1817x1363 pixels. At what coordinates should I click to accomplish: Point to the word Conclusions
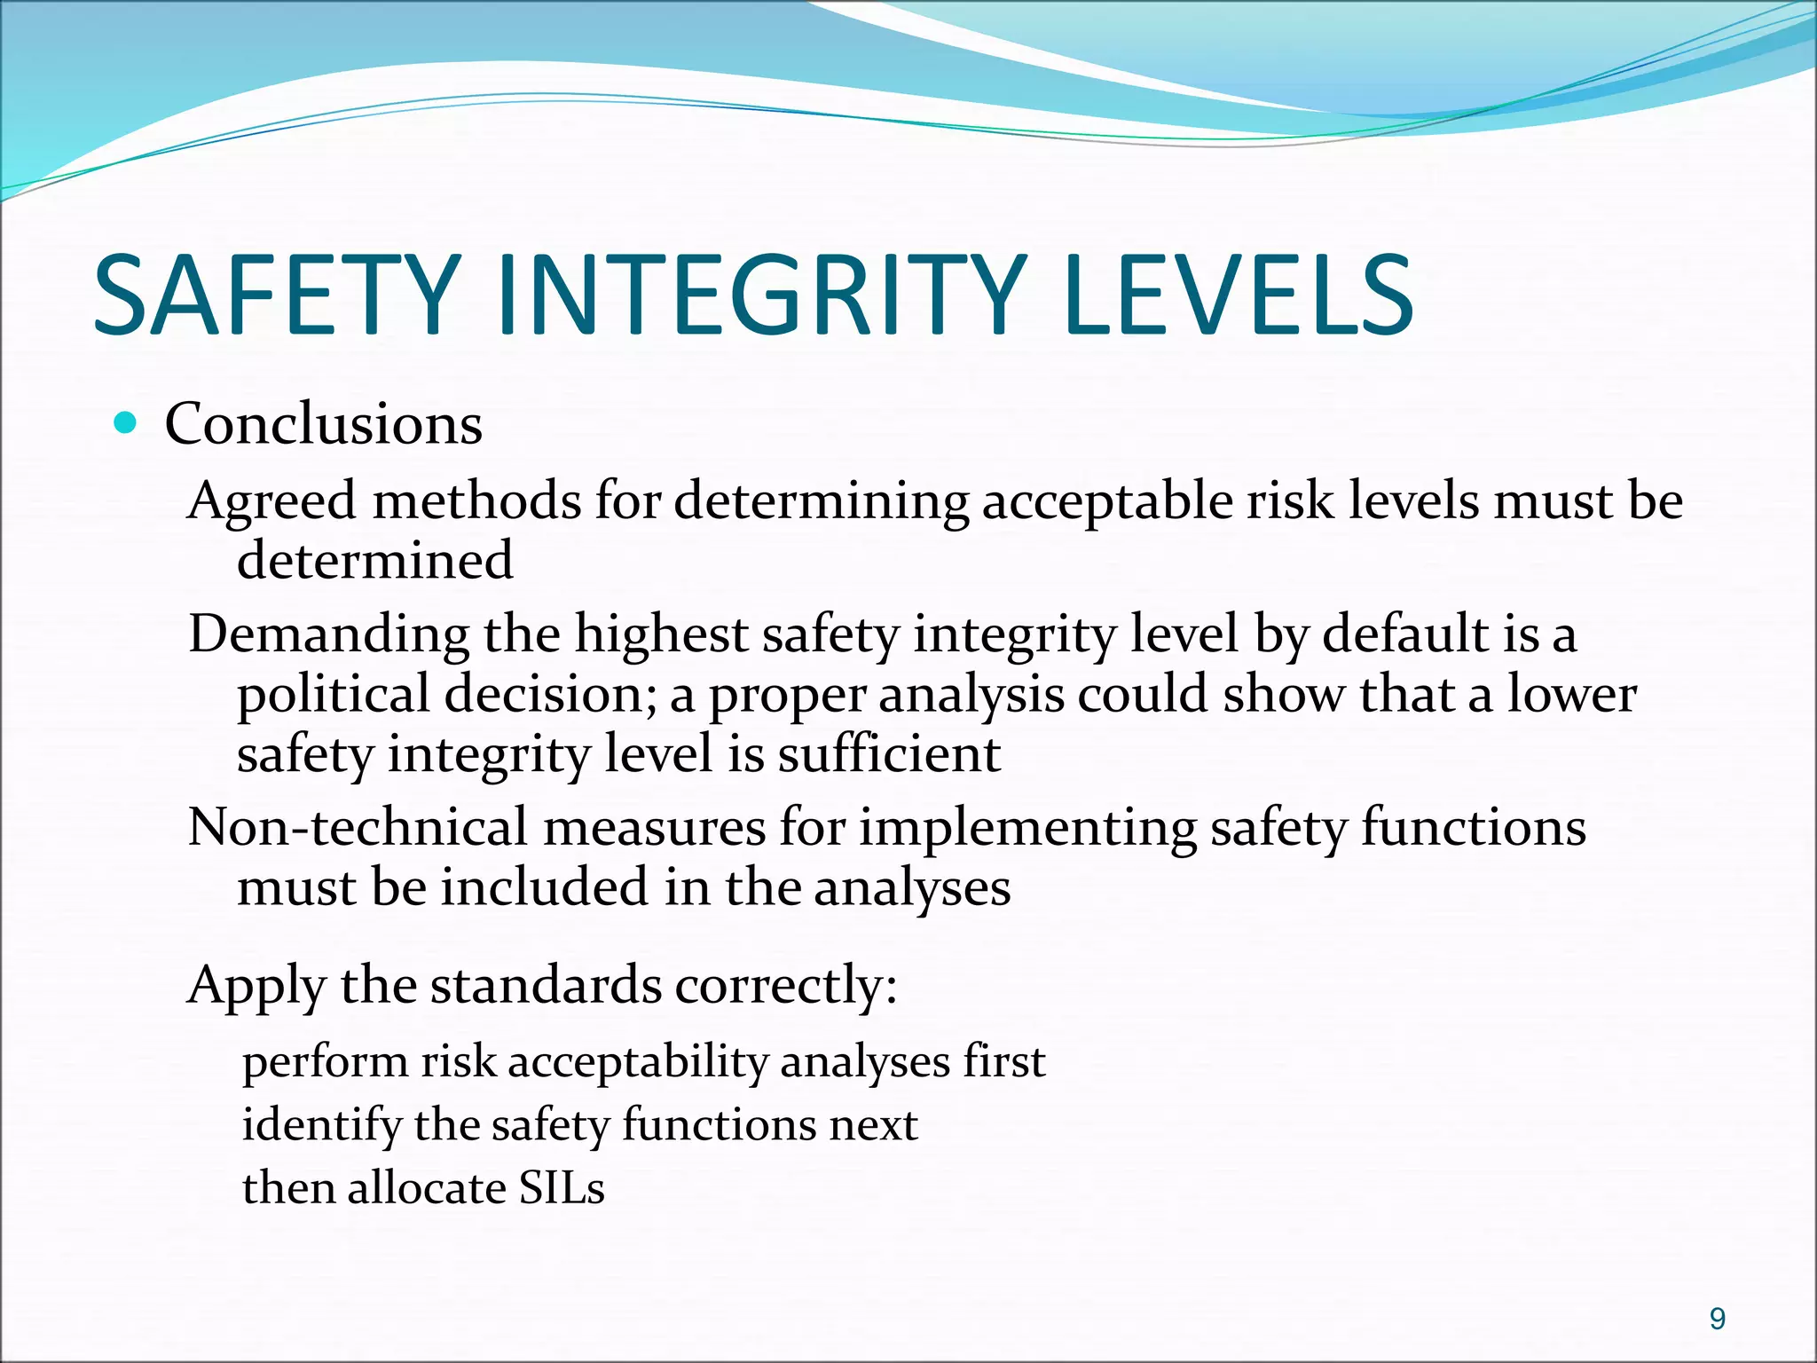coord(323,423)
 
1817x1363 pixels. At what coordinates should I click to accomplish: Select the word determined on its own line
coord(374,561)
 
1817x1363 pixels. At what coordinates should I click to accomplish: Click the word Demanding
coord(328,635)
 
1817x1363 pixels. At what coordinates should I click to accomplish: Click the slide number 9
coord(1717,1320)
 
